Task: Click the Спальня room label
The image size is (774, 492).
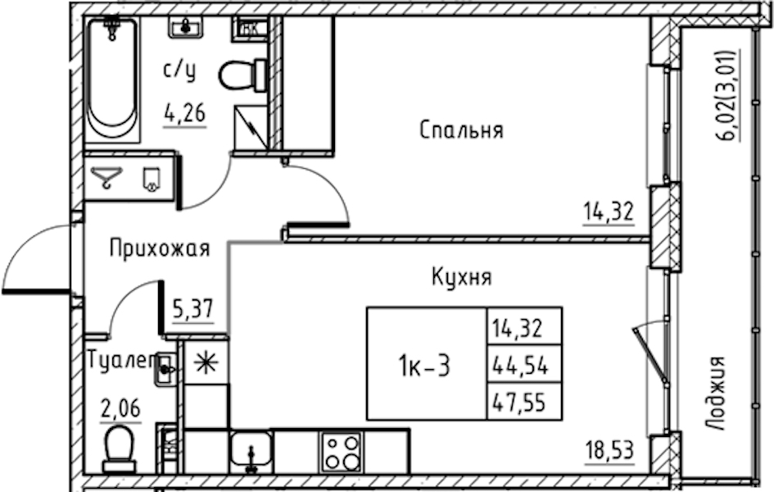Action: click(462, 130)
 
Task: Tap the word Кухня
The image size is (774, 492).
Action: click(462, 276)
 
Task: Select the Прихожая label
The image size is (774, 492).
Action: click(160, 248)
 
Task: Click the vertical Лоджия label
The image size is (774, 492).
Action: click(715, 394)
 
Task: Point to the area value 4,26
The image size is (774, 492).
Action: click(185, 114)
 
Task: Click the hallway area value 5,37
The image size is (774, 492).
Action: click(193, 310)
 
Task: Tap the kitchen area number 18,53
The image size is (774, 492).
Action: click(609, 450)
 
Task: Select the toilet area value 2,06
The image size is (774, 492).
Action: click(120, 408)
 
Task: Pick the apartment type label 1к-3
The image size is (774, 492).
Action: click(424, 367)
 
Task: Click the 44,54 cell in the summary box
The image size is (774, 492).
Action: click(520, 366)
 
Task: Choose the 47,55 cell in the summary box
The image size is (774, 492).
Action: click(520, 403)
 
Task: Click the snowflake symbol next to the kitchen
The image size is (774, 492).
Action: click(206, 363)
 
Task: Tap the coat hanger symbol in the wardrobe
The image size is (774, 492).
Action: click(107, 177)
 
